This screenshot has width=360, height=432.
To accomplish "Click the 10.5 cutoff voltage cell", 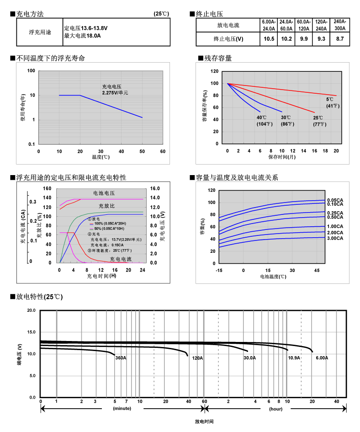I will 269,39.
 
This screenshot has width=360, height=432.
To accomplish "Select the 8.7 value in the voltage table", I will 339,39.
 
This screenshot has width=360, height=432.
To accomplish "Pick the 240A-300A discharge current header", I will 339,25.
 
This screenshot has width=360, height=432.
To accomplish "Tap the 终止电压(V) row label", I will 228,39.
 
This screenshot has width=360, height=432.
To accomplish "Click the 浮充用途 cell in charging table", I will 39,32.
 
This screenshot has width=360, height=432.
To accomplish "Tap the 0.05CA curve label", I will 334,200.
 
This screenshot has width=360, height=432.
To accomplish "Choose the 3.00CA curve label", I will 334,238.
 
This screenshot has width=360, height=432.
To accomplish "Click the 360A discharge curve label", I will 121,358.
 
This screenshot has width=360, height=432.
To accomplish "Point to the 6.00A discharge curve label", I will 322,358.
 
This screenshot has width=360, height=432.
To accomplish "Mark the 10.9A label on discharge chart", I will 294,358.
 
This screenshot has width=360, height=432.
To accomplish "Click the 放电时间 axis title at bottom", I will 204,421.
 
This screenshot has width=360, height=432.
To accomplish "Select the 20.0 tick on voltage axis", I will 31,310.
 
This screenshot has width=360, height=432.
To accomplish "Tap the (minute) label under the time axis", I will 122,409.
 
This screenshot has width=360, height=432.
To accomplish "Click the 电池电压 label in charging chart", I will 104,193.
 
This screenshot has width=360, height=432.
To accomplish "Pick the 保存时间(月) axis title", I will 281,157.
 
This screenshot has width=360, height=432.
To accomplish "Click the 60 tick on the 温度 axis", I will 163,151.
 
